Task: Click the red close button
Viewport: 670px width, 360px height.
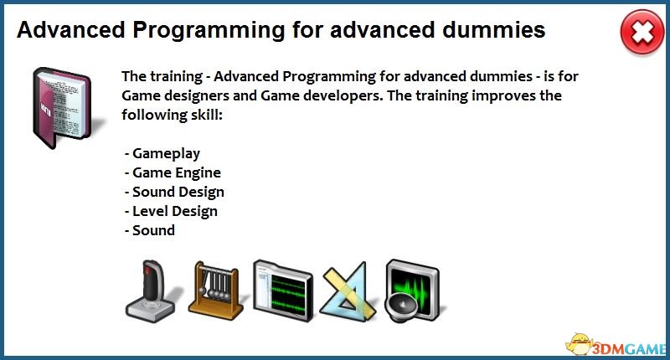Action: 642,33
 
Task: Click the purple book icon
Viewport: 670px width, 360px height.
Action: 62,108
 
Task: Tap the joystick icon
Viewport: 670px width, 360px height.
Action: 151,291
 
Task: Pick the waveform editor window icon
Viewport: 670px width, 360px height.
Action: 282,290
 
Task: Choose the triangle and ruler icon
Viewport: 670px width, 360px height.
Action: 348,291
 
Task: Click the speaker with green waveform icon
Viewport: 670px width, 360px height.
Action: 412,291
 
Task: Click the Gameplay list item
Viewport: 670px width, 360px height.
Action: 162,154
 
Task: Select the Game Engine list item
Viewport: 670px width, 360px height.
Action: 173,173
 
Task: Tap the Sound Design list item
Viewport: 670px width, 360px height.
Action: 174,193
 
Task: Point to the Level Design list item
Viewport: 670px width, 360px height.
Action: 171,211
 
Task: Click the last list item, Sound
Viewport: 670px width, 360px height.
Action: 150,230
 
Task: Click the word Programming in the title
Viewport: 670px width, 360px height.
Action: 209,31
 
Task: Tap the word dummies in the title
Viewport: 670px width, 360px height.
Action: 493,30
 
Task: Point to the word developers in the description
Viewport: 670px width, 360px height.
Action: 342,96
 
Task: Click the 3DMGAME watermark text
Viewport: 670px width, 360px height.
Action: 628,349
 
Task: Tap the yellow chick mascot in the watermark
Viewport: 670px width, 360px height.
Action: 579,344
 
